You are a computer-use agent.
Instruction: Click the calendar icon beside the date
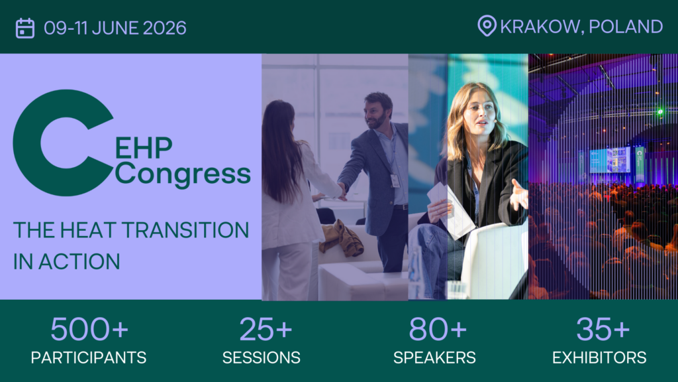(25, 28)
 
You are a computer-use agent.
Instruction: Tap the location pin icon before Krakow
(487, 27)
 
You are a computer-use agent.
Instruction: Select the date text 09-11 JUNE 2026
(115, 28)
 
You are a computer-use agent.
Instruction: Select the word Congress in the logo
(183, 174)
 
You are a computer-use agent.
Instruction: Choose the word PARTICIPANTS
(89, 358)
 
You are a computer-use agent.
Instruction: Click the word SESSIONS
(262, 358)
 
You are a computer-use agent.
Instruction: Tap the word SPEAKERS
(434, 358)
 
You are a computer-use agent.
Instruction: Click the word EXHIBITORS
(599, 358)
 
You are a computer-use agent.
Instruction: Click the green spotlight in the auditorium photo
(659, 112)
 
